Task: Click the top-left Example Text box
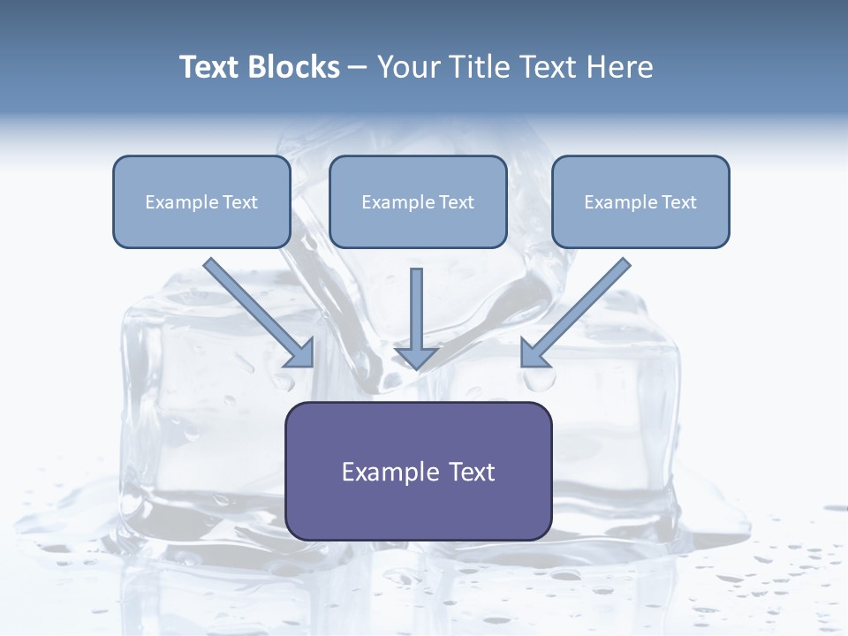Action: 201,201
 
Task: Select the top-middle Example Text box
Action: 418,201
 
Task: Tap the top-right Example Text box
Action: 640,201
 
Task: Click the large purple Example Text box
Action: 418,471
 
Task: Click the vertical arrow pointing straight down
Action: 416,314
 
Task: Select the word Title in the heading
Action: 485,67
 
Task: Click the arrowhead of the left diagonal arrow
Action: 300,353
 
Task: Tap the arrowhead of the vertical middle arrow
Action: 416,359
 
